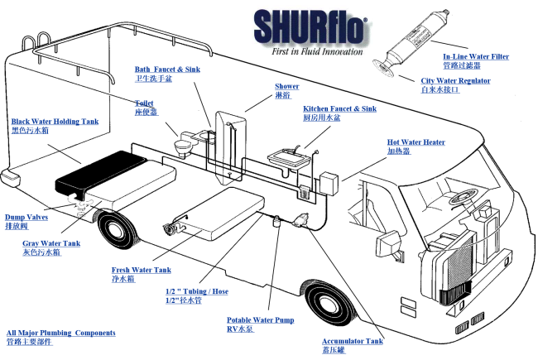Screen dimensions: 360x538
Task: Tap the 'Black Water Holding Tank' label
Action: coord(55,122)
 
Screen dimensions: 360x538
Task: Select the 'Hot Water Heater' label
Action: coord(416,142)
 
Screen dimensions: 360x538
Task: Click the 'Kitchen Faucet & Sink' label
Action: coord(339,109)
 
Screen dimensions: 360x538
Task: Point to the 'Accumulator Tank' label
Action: coord(353,340)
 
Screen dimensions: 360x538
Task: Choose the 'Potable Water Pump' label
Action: coord(261,319)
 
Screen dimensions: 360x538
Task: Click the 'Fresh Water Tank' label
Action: coord(142,271)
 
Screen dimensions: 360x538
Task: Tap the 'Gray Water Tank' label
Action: coord(51,243)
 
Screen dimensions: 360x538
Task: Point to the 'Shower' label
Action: coord(287,86)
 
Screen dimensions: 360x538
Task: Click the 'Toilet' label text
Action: coord(144,103)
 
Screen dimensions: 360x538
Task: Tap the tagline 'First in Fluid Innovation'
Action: coord(317,51)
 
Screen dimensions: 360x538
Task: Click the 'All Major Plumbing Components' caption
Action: coord(60,333)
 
